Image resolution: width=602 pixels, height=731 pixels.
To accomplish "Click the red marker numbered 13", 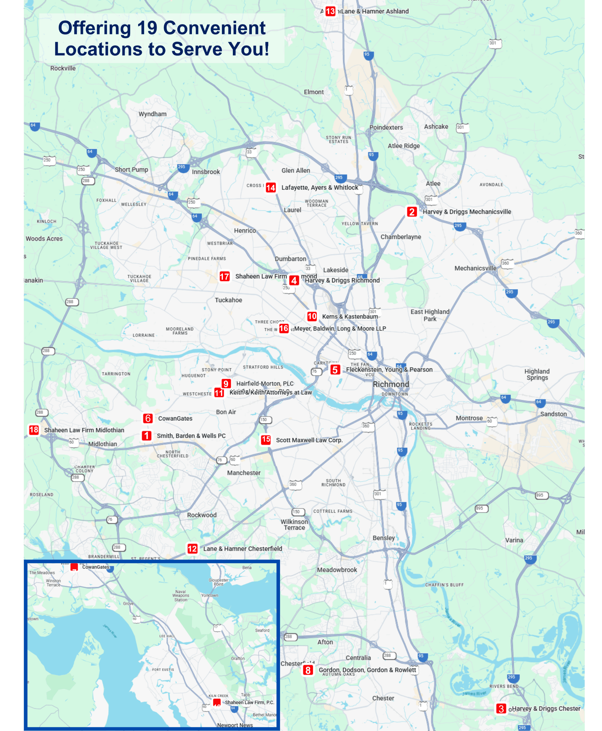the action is click(330, 11).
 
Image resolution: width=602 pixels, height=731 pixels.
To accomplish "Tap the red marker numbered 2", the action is click(412, 212).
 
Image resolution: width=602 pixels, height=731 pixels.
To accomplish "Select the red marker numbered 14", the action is click(270, 188).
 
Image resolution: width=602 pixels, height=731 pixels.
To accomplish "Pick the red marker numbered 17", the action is click(224, 276).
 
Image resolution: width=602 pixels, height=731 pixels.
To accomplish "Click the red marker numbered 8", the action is click(308, 670).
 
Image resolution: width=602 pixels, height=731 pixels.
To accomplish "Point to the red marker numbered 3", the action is click(501, 709).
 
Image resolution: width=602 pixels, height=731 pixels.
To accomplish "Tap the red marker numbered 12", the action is click(192, 549).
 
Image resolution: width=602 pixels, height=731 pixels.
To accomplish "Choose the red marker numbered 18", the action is click(34, 430).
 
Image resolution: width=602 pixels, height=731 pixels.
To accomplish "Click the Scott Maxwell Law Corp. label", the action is click(309, 440).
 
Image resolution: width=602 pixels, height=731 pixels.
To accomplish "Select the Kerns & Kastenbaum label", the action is click(350, 317).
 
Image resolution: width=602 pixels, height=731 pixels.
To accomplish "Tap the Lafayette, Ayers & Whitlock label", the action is click(320, 188).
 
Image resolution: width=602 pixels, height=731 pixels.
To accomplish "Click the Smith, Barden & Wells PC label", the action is click(191, 436).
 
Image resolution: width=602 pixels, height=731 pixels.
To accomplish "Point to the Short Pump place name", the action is click(132, 170).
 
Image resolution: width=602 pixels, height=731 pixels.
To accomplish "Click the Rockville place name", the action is click(63, 68).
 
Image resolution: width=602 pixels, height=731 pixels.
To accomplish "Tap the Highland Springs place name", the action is click(537, 374).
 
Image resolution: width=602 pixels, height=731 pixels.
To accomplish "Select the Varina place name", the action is click(514, 540).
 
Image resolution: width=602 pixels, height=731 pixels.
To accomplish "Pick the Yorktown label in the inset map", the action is click(209, 595).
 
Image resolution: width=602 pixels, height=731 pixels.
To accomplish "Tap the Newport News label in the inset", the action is click(235, 725).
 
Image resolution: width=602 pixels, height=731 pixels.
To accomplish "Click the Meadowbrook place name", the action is click(337, 570).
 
